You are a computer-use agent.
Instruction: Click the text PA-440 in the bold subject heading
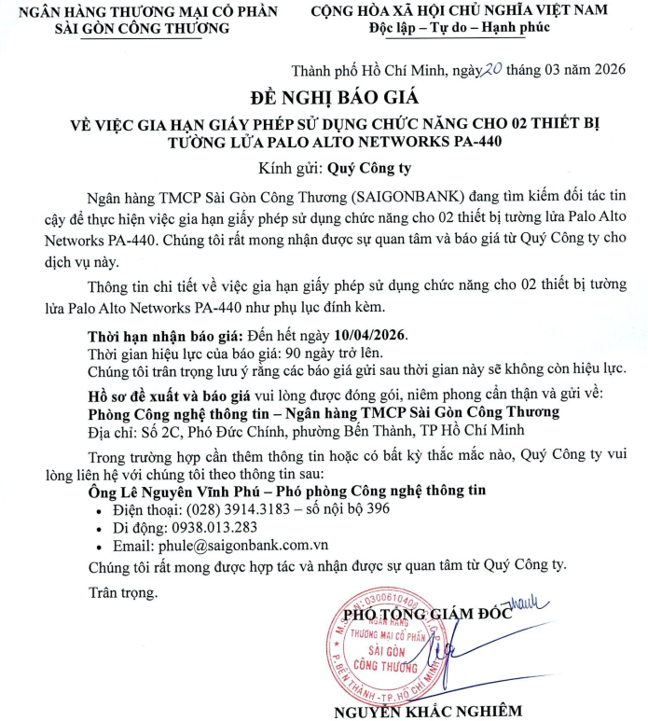[x=468, y=143]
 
